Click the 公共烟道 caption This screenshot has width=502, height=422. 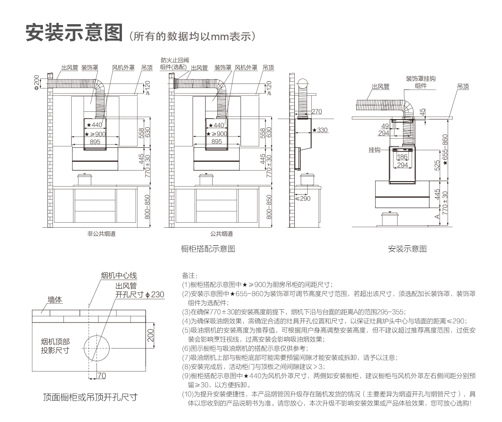pyautogui.click(x=221, y=234)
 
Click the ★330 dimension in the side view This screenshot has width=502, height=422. pyautogui.click(x=320, y=130)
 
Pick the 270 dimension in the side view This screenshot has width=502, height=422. pyautogui.click(x=317, y=111)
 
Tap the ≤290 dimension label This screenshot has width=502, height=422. pyautogui.click(x=303, y=198)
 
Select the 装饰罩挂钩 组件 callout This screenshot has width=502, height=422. pyautogui.click(x=421, y=82)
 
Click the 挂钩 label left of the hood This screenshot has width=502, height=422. pyautogui.click(x=374, y=149)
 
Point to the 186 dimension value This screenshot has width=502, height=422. pyautogui.click(x=402, y=156)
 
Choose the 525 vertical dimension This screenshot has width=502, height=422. pyautogui.click(x=437, y=165)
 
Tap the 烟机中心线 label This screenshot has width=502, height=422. pyautogui.click(x=119, y=276)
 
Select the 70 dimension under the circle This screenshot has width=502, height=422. pyautogui.click(x=101, y=376)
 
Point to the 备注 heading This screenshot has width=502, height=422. pyautogui.click(x=189, y=275)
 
